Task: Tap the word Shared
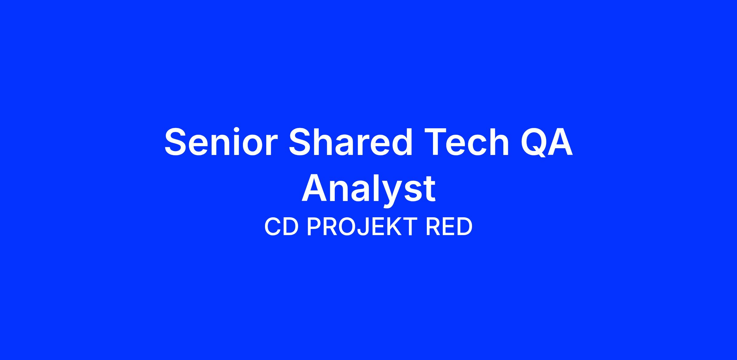tap(350, 141)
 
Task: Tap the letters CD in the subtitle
tap(281, 227)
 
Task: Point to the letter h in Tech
tap(497, 141)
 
